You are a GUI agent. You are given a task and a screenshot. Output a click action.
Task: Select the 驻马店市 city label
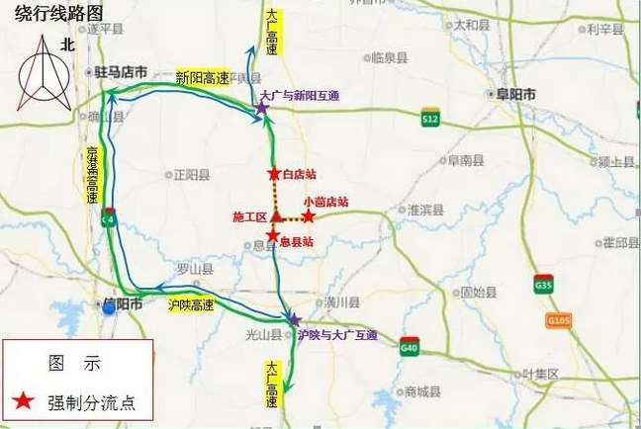(120, 72)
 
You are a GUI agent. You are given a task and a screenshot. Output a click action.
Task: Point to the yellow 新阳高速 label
(202, 77)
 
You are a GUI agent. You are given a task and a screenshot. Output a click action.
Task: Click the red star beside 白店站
(273, 174)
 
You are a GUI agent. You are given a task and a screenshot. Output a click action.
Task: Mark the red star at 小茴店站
(309, 215)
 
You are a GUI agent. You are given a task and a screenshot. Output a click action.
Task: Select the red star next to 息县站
(273, 235)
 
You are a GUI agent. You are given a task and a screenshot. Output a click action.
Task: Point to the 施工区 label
(250, 216)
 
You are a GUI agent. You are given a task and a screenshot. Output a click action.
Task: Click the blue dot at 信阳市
(108, 307)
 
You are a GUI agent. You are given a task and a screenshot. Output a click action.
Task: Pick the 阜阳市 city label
(515, 94)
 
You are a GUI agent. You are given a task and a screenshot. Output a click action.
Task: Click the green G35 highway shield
(541, 282)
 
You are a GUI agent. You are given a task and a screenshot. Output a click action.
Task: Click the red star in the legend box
(27, 401)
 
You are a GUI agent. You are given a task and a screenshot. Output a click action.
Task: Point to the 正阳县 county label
(192, 177)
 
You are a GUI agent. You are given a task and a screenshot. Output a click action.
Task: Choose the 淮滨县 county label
(428, 210)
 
